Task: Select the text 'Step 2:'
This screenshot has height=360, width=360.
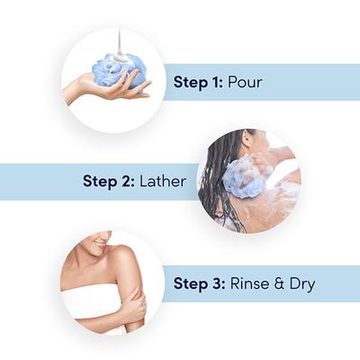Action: (108, 181)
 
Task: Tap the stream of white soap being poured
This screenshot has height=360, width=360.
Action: (118, 43)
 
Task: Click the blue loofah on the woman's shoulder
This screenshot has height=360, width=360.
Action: (247, 177)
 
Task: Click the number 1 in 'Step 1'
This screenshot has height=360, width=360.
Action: (218, 81)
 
